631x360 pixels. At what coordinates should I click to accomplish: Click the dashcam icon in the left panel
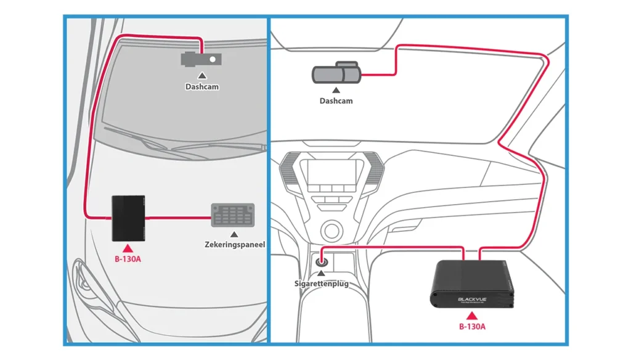[x=201, y=59]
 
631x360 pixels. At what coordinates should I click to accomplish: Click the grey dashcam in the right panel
[x=336, y=73]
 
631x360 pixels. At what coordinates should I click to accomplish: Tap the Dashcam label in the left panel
[x=202, y=87]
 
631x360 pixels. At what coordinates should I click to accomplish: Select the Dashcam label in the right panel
[x=336, y=100]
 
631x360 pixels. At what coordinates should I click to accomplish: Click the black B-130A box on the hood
[x=128, y=218]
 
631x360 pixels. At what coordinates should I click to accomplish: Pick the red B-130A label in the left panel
[x=128, y=258]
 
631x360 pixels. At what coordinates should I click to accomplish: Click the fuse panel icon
[x=233, y=216]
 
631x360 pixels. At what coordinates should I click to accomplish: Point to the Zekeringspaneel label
[x=235, y=245]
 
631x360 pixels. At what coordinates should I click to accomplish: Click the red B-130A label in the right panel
[x=472, y=326]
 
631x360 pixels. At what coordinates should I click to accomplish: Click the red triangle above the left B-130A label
[x=128, y=248]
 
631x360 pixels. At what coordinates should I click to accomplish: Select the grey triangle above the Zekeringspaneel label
[x=234, y=235]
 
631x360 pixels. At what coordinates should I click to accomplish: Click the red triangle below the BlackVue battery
[x=472, y=316]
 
